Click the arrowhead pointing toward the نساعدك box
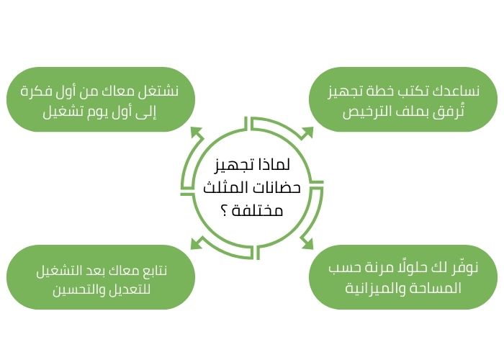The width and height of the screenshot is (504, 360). coord(307,132)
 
